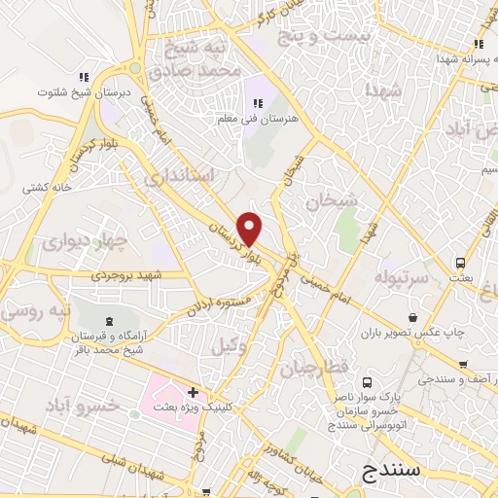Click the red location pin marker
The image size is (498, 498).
coord(250,228)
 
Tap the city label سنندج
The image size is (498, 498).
coord(390,470)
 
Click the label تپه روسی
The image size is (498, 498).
coord(34,311)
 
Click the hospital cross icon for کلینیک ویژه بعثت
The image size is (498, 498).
coord(193,393)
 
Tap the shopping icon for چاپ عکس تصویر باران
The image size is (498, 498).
coord(413,317)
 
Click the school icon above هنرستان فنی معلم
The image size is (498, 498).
coord(259,103)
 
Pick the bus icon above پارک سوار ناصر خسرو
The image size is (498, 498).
coord(368,382)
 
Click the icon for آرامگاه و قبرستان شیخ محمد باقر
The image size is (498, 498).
coord(108,320)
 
